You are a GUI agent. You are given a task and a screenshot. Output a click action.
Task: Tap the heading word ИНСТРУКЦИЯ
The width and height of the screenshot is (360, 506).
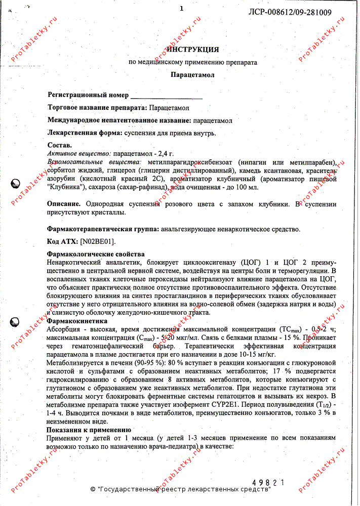point(193,50)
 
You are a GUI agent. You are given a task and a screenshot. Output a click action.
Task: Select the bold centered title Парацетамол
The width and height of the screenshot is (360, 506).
point(192,74)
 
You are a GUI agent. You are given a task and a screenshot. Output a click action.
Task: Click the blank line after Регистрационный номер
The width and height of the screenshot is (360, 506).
point(167,96)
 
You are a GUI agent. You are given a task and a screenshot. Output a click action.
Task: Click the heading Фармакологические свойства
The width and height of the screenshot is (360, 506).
point(96,254)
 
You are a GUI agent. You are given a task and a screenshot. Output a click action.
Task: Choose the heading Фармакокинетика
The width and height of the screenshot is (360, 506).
point(77,321)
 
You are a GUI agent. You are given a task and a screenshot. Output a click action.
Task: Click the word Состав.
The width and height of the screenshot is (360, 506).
point(59,145)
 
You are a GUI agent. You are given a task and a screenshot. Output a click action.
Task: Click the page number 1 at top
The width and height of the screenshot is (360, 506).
point(181,9)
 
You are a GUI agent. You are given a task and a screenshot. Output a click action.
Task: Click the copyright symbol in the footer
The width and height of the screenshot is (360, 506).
point(93,490)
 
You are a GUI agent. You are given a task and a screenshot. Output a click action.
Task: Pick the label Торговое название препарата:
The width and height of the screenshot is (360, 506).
point(98,108)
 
